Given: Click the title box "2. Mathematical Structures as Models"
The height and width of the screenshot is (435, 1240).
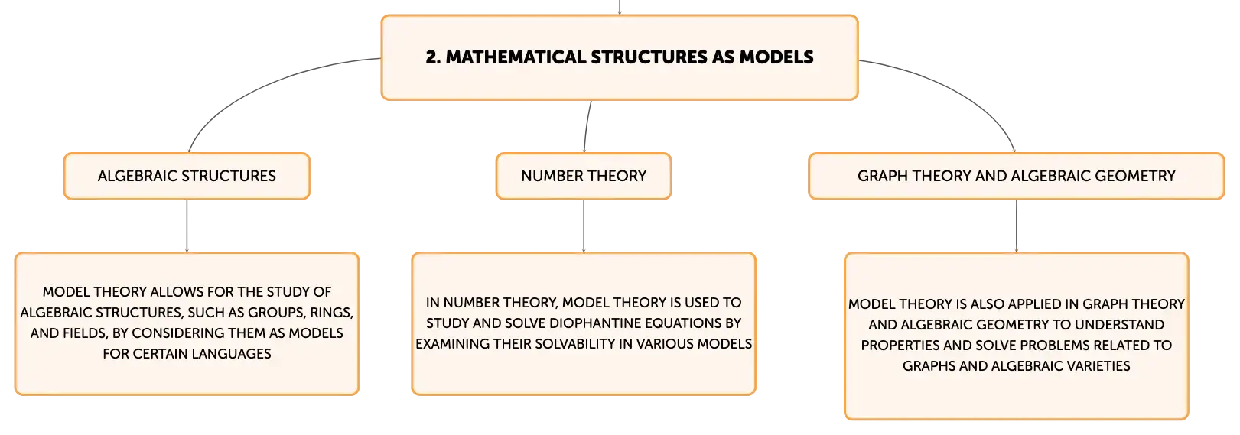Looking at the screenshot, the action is [x=620, y=57].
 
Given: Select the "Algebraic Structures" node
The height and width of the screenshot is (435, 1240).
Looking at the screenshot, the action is [x=187, y=176].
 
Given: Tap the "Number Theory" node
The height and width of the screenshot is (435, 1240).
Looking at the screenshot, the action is [x=584, y=176].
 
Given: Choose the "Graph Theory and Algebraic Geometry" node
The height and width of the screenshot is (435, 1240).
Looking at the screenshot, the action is [x=1017, y=176].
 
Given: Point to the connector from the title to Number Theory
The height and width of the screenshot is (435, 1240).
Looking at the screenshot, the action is [x=586, y=126].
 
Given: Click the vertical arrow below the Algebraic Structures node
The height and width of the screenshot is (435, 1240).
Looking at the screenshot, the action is [x=187, y=226].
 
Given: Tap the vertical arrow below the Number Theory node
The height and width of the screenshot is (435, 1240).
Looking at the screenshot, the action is [x=584, y=226].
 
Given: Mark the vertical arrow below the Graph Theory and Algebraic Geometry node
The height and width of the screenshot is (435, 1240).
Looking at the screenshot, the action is [x=1017, y=226].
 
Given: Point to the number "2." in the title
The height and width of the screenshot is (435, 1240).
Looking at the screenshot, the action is [x=433, y=57].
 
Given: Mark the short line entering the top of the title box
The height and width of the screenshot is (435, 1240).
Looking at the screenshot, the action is [x=620, y=7].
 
